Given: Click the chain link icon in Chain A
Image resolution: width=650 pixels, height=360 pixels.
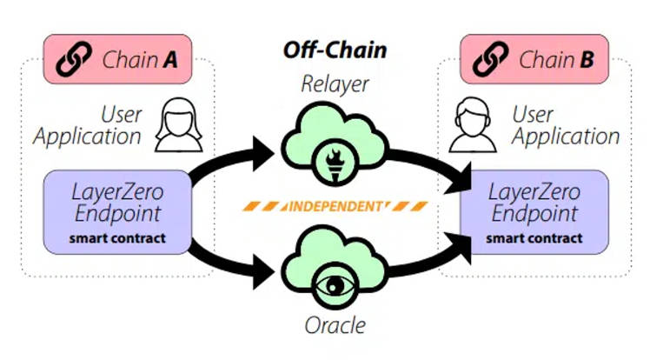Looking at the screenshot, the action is point(74,59).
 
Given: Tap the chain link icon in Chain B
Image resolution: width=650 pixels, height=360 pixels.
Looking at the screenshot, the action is point(491,59).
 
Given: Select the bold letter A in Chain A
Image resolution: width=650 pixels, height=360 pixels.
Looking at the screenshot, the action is point(170,60).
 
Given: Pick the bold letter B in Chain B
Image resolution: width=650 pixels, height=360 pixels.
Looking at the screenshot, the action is point(587,60).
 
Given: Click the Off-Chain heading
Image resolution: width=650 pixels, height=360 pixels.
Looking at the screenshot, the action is point(335,50).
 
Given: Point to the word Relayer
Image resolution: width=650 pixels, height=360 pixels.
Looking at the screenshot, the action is point(335,85).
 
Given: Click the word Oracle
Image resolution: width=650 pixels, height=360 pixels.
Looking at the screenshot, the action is point(335,325).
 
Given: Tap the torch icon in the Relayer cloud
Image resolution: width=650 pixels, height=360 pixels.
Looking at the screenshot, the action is point(335,165).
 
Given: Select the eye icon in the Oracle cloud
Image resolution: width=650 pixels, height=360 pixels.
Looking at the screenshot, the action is point(335,285).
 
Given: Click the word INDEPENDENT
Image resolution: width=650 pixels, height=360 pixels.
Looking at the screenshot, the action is point(335,206).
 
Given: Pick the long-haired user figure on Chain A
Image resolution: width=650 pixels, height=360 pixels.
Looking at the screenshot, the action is point(179,124).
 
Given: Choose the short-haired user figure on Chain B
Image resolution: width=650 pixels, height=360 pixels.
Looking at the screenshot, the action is point(473,124).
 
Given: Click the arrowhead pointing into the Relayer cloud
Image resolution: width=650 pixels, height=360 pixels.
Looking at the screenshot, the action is point(262,153).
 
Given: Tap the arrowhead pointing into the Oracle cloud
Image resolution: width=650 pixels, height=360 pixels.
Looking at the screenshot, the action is point(262,272).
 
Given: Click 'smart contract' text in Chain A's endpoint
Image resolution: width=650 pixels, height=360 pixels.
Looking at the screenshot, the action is point(117,238).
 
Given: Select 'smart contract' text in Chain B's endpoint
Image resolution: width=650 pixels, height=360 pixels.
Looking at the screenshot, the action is point(534,238).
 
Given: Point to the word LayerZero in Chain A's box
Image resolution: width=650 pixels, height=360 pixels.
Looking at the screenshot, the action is point(117,192).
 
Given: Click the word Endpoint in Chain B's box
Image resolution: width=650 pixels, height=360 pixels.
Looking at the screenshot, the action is point(534,214).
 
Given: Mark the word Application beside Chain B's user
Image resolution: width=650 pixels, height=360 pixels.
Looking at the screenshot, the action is point(566,137).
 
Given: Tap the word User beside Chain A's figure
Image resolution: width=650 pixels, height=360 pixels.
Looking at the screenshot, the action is point(121,115).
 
